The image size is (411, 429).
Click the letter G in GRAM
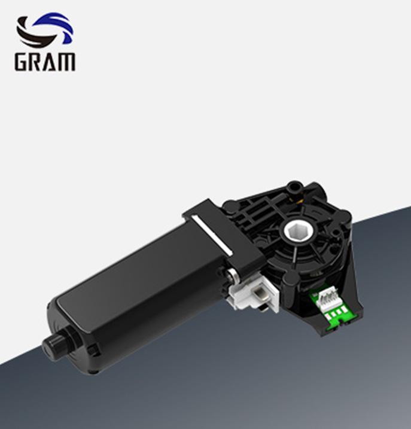(23, 62)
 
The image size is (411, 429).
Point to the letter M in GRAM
(68, 62)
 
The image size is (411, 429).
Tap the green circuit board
(331, 306)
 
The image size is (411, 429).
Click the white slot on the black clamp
(211, 235)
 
